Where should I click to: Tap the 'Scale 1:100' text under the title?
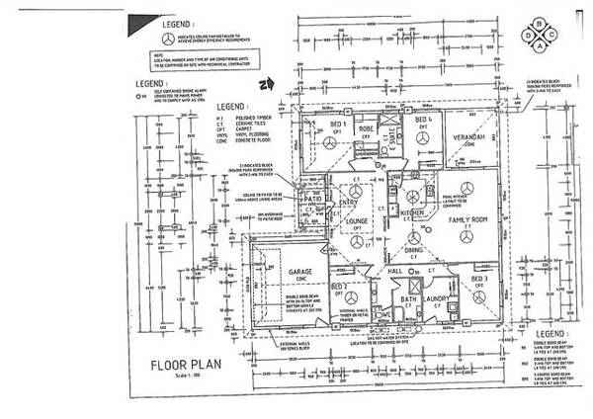pos(170,377)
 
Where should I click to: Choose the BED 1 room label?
pos(335,124)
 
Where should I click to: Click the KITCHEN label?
pos(411,212)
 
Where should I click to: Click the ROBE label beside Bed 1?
pos(364,128)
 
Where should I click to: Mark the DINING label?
pos(413,250)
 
